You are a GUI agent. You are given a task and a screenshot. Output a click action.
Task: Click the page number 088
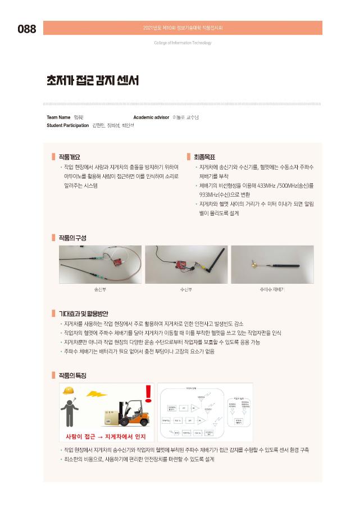(26, 29)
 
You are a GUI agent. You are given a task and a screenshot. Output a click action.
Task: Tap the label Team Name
(58, 117)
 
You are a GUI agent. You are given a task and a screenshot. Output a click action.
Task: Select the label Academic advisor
(151, 117)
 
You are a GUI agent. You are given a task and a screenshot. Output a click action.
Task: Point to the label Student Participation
(67, 125)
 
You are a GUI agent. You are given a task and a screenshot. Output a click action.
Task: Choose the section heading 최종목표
(204, 157)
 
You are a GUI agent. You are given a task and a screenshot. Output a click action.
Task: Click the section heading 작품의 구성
(72, 237)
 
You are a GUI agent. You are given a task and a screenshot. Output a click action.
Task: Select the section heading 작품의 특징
(72, 375)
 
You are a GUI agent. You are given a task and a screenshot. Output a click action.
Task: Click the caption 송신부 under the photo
(101, 290)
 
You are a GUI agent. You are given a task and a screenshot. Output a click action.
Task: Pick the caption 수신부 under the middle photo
(186, 290)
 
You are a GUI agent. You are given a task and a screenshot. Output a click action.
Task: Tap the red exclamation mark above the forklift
(148, 393)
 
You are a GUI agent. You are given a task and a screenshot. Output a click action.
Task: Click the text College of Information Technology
(183, 43)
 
